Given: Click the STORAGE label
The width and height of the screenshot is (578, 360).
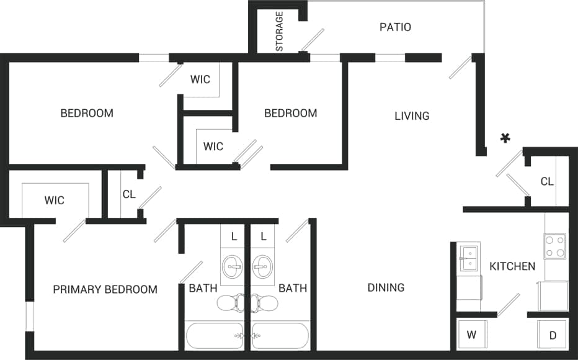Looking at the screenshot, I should click(280, 31).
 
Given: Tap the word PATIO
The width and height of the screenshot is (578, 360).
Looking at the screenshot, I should click(395, 27).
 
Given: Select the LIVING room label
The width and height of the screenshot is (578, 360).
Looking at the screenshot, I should click(412, 115).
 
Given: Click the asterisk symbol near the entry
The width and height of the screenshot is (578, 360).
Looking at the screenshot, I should click(505, 138).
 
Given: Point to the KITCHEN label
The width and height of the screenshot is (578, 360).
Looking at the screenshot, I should click(512, 266).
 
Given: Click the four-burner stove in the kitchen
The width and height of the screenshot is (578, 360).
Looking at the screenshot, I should click(554, 246).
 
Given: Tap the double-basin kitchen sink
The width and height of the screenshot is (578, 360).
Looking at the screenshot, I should click(468, 258).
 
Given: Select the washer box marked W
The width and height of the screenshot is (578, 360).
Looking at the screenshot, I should click(471, 335).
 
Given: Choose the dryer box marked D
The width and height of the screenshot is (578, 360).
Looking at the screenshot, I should click(552, 335).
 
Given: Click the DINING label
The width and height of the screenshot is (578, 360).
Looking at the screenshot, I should click(386, 287).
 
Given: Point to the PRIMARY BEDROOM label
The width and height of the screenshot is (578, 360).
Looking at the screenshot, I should click(105, 289).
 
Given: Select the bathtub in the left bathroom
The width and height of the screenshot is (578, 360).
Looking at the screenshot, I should click(215, 336).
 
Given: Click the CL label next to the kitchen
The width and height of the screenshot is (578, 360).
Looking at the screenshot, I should click(546, 182).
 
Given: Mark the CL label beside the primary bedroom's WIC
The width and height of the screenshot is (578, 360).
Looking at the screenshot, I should click(128, 194).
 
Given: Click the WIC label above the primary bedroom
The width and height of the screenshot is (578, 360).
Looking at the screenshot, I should click(54, 200).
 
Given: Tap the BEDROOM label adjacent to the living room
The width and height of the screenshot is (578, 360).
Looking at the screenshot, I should click(290, 113).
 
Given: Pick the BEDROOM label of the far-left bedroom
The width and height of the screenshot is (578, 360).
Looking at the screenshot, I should click(87, 113).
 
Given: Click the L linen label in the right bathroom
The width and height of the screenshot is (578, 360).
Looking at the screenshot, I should click(264, 236).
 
